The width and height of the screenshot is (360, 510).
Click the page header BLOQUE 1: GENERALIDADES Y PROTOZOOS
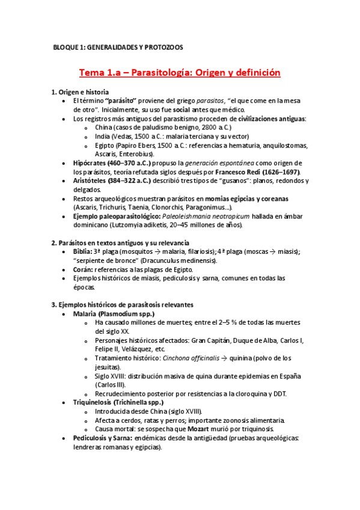118,47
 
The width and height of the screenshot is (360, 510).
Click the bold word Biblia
83,251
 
